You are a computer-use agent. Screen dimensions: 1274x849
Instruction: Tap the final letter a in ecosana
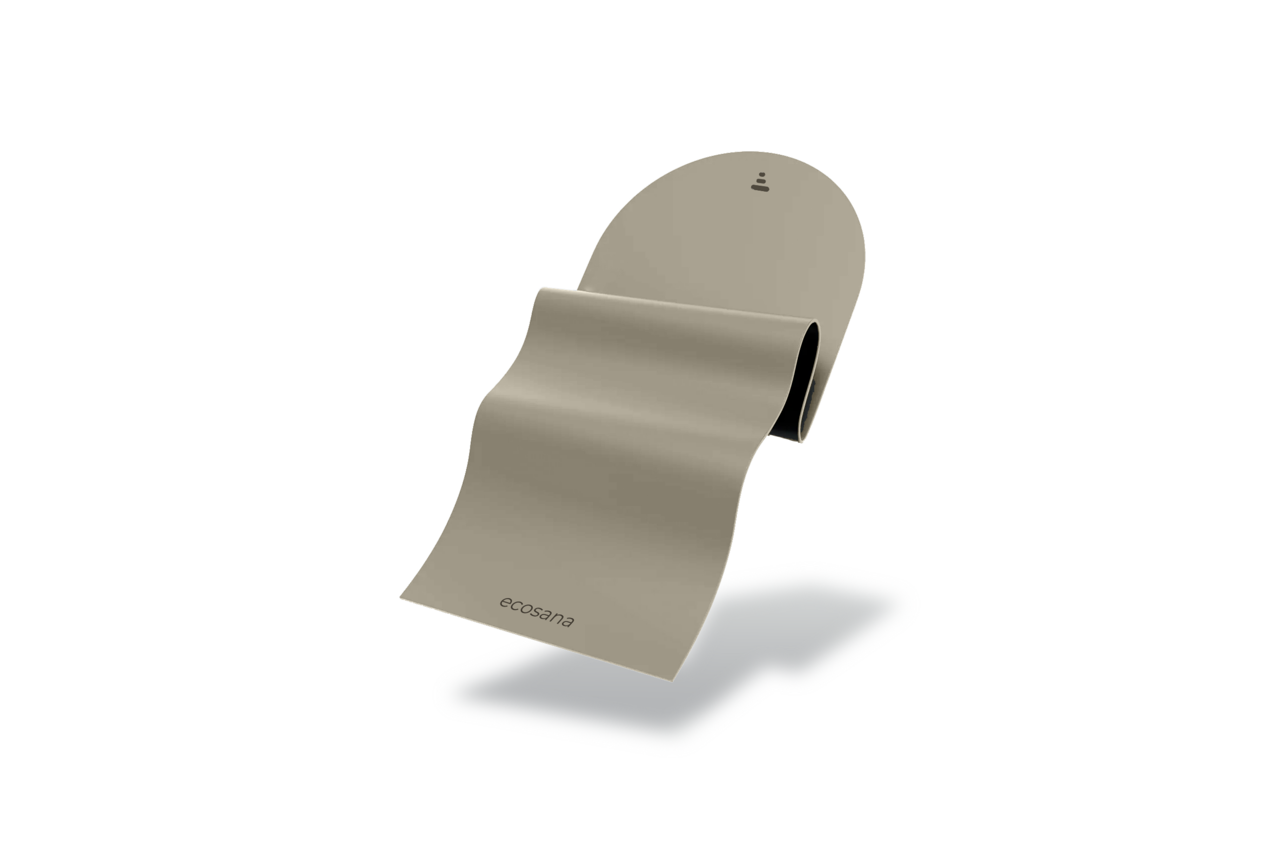(568, 621)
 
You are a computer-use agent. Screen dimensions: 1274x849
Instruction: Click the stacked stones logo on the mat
(760, 182)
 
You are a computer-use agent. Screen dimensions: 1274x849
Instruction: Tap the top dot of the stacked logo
(762, 174)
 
